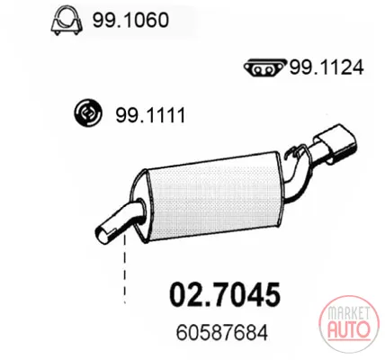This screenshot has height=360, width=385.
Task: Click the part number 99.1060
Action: click(130, 20)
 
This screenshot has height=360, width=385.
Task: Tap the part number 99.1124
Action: click(327, 67)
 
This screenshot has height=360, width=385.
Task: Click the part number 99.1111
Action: click(150, 115)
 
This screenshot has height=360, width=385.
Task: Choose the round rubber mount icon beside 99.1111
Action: click(88, 113)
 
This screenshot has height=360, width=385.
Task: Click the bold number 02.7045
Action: click(225, 294)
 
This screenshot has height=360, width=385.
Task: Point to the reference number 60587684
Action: click(222, 333)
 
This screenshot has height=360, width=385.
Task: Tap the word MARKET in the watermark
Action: click(348, 312)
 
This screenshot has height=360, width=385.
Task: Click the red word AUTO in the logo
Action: click(348, 328)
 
